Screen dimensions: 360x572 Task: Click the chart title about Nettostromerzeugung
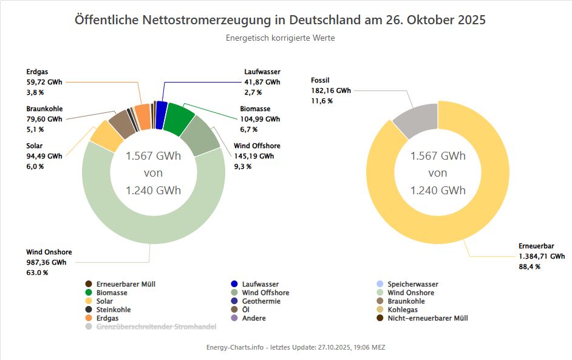(x=280, y=19)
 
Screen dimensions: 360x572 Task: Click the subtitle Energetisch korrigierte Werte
(x=280, y=38)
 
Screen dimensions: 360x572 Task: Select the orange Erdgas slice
(x=143, y=116)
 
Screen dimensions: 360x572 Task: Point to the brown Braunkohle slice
(x=121, y=124)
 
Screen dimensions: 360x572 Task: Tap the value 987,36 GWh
(x=46, y=262)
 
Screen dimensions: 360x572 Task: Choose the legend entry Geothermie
(x=261, y=301)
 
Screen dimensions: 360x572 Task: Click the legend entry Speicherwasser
(x=412, y=284)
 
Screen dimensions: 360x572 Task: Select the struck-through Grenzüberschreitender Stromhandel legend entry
(x=156, y=327)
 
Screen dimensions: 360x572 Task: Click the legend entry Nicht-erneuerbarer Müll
(x=427, y=318)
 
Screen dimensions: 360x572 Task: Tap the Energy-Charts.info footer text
(x=296, y=347)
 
